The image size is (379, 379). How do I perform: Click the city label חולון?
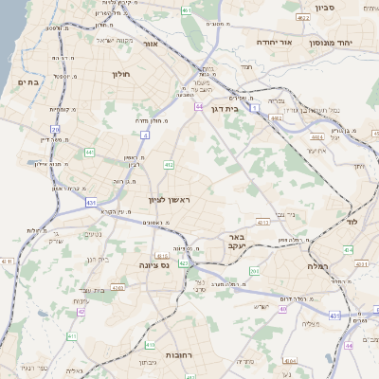pyautogui.click(x=120, y=73)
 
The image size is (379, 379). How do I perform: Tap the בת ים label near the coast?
pyautogui.click(x=27, y=82)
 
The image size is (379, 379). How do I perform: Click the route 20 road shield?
pyautogui.click(x=56, y=129)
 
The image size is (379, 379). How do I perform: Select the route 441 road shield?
pyautogui.click(x=89, y=152)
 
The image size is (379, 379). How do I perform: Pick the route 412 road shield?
pyautogui.click(x=169, y=165)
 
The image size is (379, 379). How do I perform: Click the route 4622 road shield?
pyautogui.click(x=303, y=17)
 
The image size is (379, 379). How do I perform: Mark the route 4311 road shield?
pyautogui.click(x=8, y=261)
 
